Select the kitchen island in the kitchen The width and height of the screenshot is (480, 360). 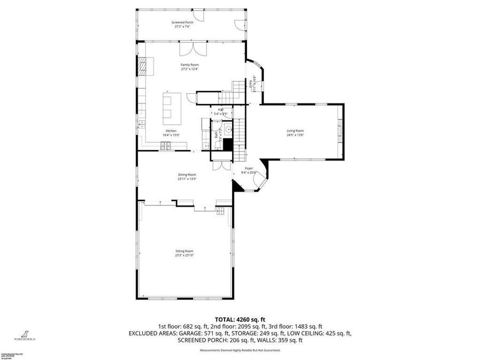pyautogui.click(x=172, y=105)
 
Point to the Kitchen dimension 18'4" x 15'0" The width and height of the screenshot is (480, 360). pyautogui.click(x=171, y=135)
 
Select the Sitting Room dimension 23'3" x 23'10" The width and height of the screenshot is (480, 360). pyautogui.click(x=184, y=255)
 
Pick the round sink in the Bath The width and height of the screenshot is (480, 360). pyautogui.click(x=228, y=129)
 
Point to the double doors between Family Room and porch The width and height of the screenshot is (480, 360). pyautogui.click(x=193, y=50)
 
